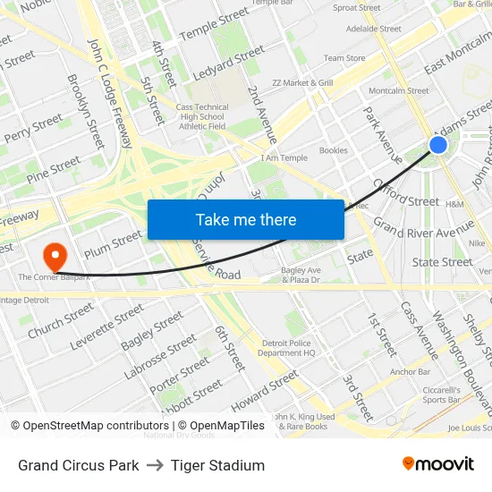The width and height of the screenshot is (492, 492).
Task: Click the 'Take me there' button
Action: (x=246, y=219)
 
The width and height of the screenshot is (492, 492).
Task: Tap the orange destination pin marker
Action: (x=55, y=256)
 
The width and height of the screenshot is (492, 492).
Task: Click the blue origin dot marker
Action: (x=437, y=145)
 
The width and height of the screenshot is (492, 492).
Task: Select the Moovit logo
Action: (x=437, y=464)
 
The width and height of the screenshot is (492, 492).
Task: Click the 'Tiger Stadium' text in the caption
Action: (x=217, y=465)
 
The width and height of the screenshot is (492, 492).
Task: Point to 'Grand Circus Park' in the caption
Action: (x=79, y=465)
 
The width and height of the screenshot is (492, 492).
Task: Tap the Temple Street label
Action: (x=214, y=24)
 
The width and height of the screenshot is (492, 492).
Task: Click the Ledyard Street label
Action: (x=228, y=62)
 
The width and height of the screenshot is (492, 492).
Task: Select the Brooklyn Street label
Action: (x=86, y=111)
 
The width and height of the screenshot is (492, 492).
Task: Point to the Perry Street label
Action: (x=33, y=128)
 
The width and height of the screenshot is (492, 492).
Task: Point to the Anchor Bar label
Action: (x=411, y=371)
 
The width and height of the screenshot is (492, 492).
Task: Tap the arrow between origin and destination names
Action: (x=155, y=465)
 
